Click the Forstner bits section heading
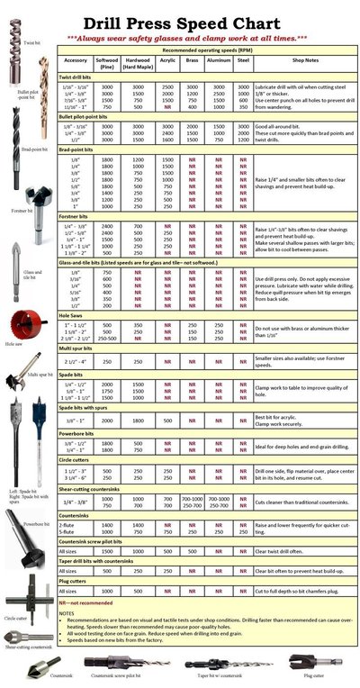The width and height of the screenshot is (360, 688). click(x=78, y=216)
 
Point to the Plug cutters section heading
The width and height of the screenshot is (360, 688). click(x=76, y=582)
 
